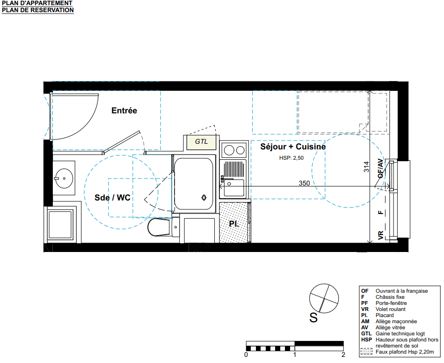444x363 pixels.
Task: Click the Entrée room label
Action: (124, 111)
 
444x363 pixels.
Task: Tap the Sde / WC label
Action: (112, 198)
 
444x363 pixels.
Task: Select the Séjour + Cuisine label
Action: (293, 147)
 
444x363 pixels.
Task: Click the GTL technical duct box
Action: (201, 141)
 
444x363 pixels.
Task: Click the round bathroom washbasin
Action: (64, 178)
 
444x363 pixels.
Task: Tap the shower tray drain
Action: (204, 198)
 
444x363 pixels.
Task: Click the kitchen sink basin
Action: (233, 188)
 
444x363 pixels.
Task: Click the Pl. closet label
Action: (233, 224)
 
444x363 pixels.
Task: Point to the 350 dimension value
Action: (304, 183)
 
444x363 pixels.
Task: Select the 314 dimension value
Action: (366, 167)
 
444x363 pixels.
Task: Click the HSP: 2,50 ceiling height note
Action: (291, 158)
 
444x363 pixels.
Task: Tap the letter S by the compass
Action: (313, 318)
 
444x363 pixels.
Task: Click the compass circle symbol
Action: (324, 284)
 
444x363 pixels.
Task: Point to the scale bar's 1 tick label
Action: (295, 355)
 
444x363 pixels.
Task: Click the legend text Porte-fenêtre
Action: (391, 303)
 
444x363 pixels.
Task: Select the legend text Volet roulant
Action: (391, 309)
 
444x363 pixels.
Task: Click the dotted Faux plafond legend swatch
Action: (366, 352)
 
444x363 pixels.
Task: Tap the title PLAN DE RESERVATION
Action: (37, 10)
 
